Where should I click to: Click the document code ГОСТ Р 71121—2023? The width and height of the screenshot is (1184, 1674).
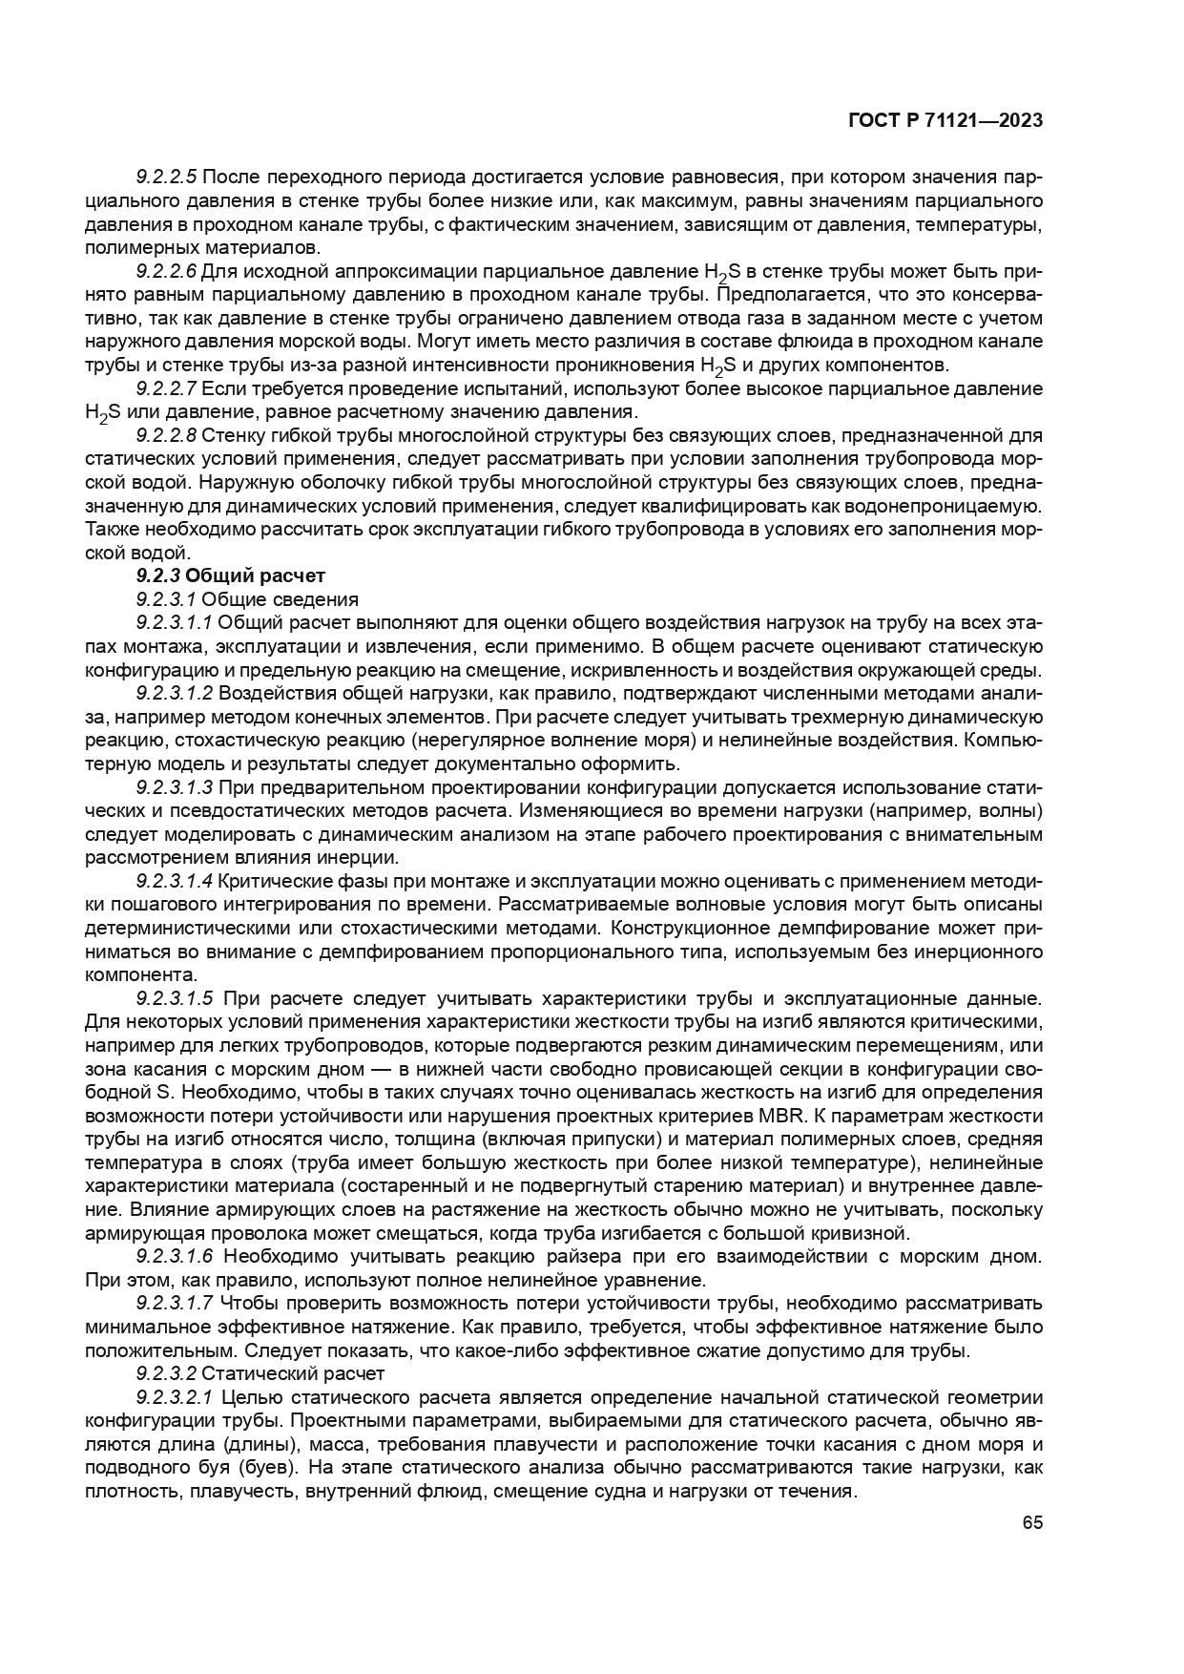944,120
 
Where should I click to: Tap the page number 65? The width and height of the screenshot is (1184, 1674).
1032,1522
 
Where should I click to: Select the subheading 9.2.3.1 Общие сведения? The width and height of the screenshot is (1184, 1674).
247,599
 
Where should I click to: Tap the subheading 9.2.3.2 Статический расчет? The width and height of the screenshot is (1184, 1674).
260,1373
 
